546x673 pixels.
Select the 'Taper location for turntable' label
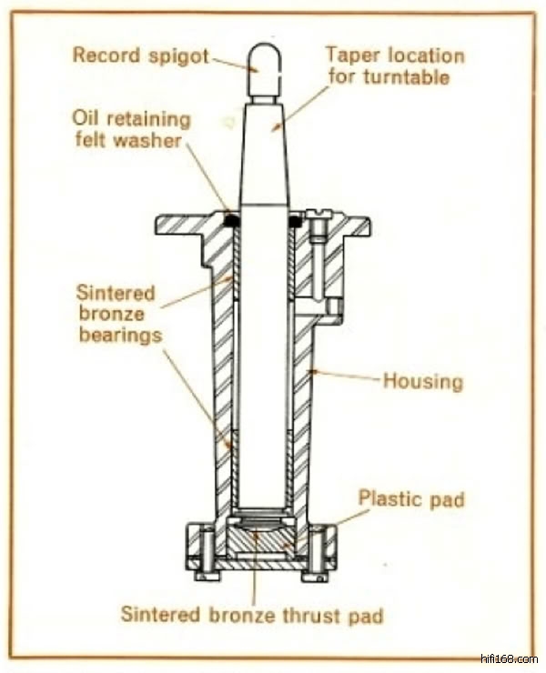394,65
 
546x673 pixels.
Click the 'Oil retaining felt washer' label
132,130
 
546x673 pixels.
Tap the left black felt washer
231,220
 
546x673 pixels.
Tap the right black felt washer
296,220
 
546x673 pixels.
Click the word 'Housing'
422,379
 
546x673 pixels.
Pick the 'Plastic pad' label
411,498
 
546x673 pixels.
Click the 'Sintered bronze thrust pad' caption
252,615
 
